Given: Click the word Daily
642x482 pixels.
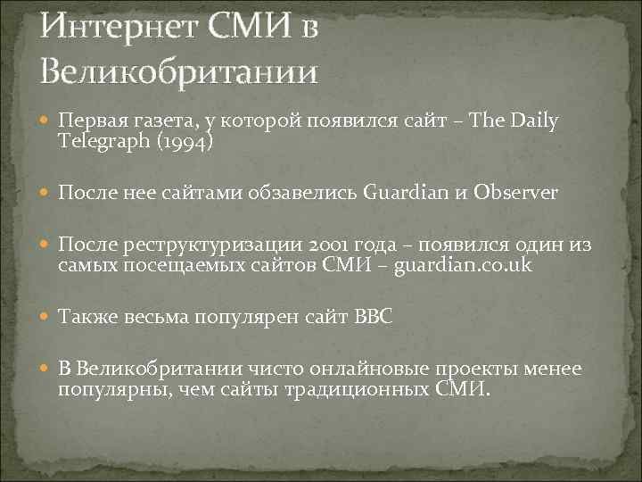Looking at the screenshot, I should pyautogui.click(x=532, y=120).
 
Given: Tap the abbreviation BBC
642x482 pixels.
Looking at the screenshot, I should pyautogui.click(x=373, y=317).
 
